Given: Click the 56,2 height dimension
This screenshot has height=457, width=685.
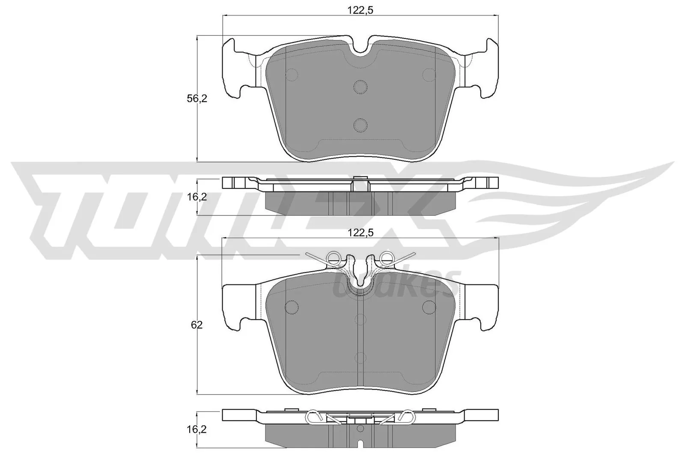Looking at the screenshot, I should pos(197,99).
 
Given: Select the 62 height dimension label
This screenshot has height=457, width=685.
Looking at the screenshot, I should pos(197,325).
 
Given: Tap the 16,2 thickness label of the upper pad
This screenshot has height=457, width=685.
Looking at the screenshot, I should pos(197,197).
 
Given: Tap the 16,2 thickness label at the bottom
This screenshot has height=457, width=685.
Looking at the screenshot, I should pos(197,430).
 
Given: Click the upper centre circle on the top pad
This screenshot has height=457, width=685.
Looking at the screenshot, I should pos(360,87).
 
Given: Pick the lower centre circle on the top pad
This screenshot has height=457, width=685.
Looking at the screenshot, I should pos(360,125).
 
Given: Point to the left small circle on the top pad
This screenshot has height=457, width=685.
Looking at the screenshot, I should pos(292,75).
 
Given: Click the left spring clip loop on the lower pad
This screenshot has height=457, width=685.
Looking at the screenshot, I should pos(334,257).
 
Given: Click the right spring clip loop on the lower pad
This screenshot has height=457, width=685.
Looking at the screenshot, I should pos(387,257).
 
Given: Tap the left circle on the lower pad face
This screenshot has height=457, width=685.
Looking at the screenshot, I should pos(292,307).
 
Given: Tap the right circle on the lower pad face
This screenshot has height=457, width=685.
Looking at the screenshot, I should pos(429,307).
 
